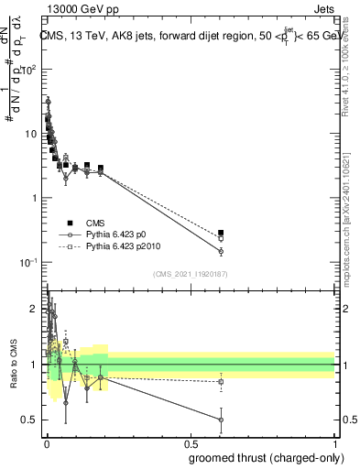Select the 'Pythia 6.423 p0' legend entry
click(122, 234)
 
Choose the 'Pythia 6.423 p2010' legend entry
click(128, 246)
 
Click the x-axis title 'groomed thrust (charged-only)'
click(258, 459)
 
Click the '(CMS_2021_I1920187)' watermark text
click(190, 275)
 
